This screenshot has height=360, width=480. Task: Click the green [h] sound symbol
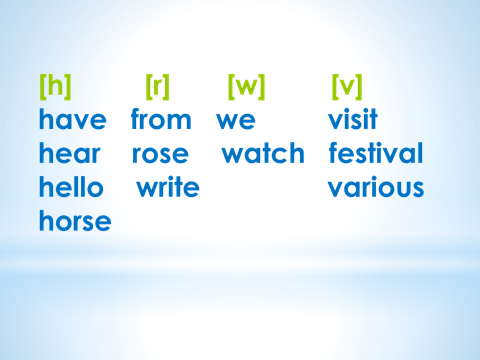tap(55, 87)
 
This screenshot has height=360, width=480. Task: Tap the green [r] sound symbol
tap(158, 87)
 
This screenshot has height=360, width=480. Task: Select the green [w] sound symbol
tap(247, 87)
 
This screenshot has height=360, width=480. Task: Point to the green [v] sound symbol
tap(347, 87)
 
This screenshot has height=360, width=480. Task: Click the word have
tap(73, 119)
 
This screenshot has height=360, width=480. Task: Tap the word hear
tap(70, 153)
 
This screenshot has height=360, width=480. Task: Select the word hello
tap(71, 187)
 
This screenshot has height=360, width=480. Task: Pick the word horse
tap(75, 220)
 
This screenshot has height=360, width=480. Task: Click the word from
tap(161, 119)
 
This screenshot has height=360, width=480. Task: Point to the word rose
tap(160, 155)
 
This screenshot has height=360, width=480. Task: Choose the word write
tap(168, 187)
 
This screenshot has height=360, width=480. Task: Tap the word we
tap(236, 121)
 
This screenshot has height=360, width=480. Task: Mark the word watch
tap(263, 153)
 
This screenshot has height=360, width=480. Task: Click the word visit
tap(353, 119)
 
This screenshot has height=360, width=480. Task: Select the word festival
tap(376, 153)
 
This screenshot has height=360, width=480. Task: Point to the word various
tap(376, 187)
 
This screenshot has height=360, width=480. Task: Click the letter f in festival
tap(334, 152)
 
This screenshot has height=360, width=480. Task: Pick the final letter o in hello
tap(95, 189)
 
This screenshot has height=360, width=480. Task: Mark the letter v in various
tap(337, 189)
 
